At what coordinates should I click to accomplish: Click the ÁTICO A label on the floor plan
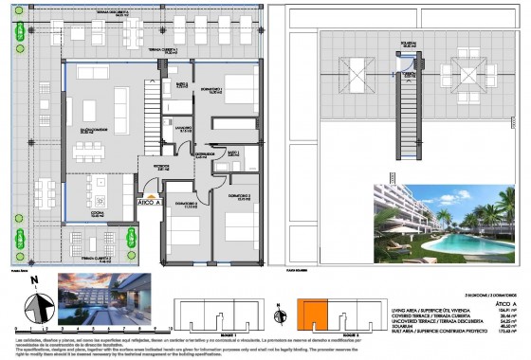tap(150, 202)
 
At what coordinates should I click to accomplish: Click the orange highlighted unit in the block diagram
tap(314, 315)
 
